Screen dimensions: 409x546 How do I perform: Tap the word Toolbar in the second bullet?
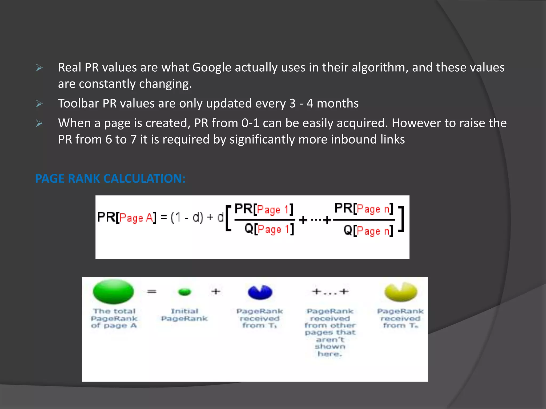(78, 103)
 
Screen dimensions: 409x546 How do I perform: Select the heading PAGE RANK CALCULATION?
(110, 179)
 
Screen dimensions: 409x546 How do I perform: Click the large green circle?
(113, 291)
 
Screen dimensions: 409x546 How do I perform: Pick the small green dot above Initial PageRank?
(184, 292)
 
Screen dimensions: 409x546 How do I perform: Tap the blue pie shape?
(260, 292)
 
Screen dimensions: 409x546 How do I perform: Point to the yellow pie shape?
(400, 292)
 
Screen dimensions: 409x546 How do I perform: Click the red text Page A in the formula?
(136, 218)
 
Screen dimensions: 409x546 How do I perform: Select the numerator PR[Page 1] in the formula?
(264, 209)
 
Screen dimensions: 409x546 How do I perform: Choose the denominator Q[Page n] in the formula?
(368, 230)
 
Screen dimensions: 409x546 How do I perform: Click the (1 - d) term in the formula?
(187, 217)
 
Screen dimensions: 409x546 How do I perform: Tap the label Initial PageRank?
(184, 315)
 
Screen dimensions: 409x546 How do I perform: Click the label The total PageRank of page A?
(114, 318)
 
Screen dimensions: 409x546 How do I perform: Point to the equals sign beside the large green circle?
(152, 292)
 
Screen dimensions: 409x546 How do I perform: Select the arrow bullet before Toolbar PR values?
(39, 104)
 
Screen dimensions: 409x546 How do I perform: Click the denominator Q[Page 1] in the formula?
(269, 229)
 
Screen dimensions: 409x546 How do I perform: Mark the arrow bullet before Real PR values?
(39, 68)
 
